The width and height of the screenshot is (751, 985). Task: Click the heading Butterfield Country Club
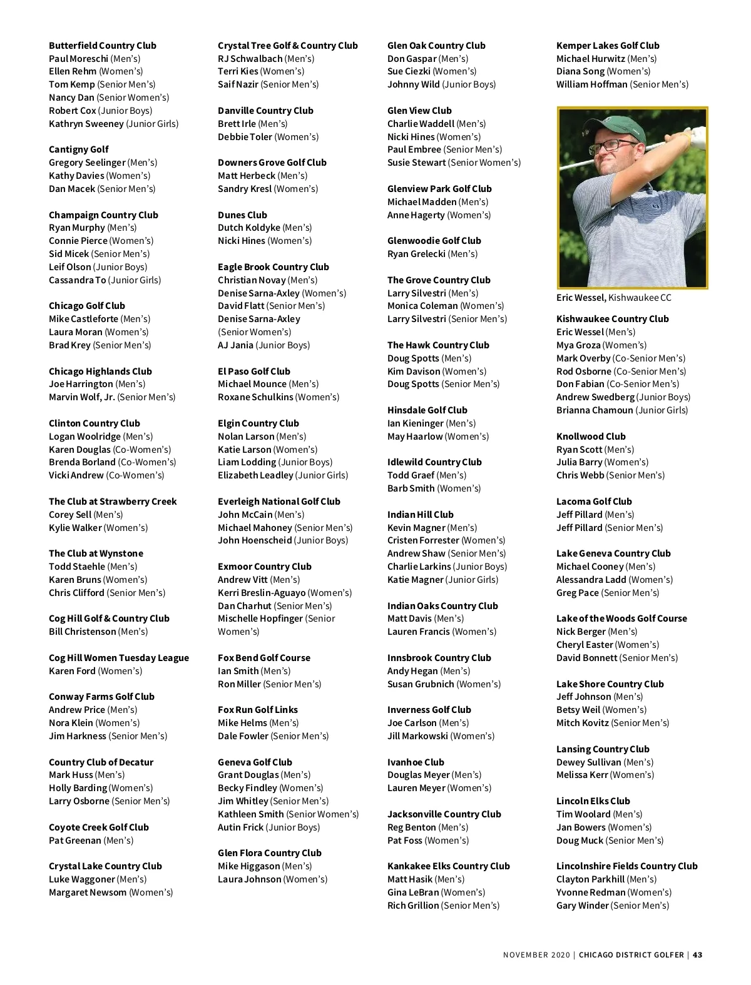103,46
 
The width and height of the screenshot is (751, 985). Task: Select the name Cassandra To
78,280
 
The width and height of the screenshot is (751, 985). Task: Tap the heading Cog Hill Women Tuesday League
119,658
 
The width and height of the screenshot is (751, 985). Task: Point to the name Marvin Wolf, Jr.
82,397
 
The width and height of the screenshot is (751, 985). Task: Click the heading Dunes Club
242,215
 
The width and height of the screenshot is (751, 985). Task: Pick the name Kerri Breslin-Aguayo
262,593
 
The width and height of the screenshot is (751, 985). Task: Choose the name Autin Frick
241,827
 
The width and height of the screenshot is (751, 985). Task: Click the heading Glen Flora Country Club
270,853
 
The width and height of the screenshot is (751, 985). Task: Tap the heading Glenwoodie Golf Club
434,241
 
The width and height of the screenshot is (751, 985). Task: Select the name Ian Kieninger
416,423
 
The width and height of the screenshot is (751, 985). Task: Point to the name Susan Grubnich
421,684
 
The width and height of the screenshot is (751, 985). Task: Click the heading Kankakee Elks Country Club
449,866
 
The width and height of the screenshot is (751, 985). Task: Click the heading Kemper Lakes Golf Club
608,46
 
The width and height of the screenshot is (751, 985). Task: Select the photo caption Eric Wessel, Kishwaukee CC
613,298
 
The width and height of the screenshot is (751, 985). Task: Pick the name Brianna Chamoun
595,410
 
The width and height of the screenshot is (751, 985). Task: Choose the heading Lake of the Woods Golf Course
621,619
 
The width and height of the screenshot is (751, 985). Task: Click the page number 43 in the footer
698,955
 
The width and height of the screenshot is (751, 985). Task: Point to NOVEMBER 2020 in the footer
536,955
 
